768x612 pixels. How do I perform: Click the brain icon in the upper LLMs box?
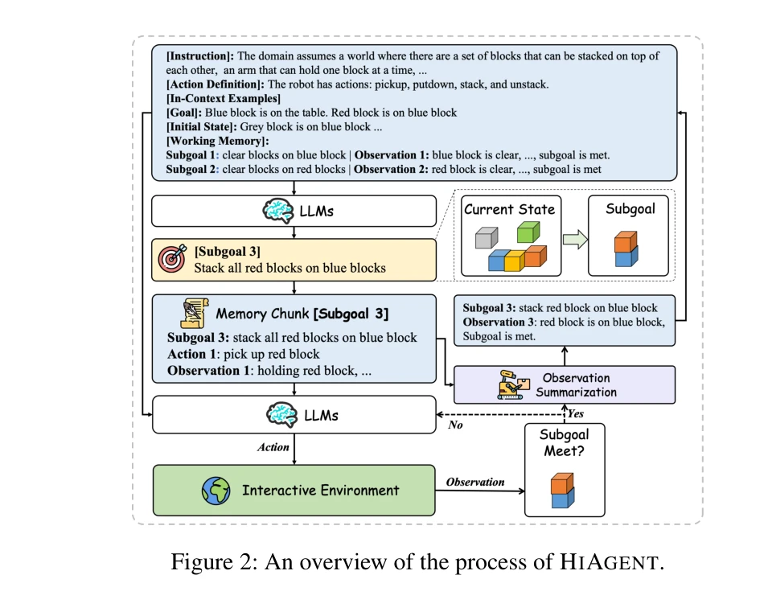(278, 212)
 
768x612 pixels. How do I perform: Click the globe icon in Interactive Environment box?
(216, 489)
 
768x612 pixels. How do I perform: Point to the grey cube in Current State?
(486, 239)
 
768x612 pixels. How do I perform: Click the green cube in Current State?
(527, 233)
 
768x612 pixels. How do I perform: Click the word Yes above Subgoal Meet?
(576, 414)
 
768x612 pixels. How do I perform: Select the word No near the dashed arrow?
(454, 425)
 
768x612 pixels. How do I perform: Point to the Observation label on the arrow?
(475, 482)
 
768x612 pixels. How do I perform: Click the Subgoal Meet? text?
(565, 442)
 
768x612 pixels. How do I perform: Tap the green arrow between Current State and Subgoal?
(573, 239)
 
